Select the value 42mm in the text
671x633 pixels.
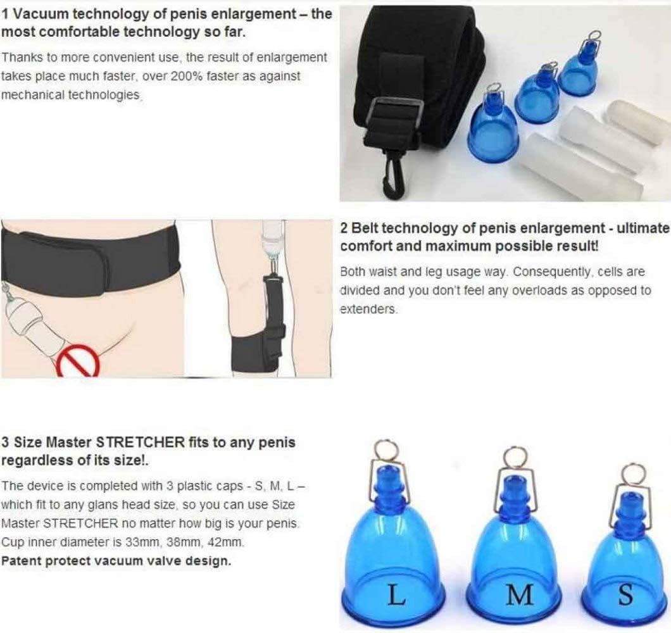coord(222,542)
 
